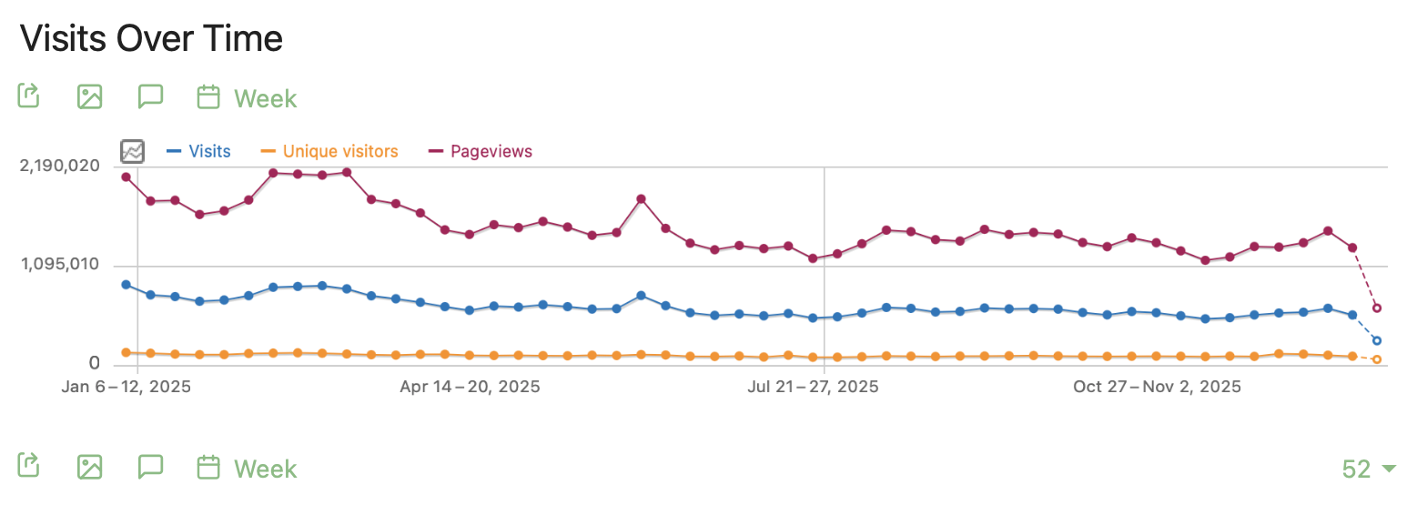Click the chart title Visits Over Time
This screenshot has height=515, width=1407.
[151, 38]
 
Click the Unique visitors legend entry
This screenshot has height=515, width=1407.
[339, 152]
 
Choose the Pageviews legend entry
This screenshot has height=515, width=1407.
[491, 152]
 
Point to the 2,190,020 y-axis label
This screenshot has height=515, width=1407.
[59, 167]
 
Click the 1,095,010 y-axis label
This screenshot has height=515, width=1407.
[59, 266]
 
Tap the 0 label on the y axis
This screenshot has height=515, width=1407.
[95, 364]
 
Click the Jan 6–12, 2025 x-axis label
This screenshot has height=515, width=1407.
[127, 387]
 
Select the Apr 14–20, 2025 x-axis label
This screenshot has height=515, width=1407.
[470, 387]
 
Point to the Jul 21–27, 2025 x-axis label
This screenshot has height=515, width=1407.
[813, 387]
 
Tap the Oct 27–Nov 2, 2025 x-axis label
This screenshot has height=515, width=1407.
[1157, 387]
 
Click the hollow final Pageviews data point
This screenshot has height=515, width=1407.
[1377, 308]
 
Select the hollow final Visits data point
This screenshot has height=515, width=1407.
[1377, 341]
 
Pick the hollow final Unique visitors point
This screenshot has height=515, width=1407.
[1377, 359]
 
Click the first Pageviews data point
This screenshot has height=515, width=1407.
[126, 177]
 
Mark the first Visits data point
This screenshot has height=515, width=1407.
[126, 285]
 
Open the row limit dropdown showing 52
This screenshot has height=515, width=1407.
[1368, 469]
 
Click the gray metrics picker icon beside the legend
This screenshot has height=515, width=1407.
[133, 151]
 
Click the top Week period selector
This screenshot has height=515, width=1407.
[248, 97]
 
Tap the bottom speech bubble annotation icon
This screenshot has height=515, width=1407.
[150, 467]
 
